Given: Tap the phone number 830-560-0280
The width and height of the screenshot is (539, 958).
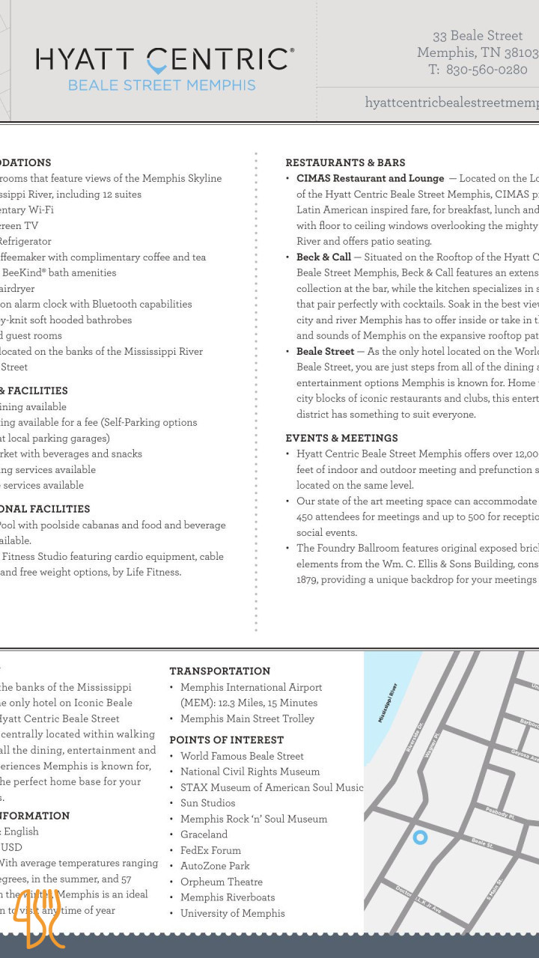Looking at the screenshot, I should coord(487,70).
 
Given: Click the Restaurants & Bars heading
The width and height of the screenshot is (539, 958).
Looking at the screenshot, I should coord(345,162).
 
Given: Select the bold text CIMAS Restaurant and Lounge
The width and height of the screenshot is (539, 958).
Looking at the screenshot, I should coord(370,178).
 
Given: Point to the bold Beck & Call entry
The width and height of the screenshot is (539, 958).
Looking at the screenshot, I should coord(323,257).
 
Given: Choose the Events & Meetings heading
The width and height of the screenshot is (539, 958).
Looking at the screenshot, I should coord(341,438).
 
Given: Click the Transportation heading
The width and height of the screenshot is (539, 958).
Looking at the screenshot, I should coord(220,671).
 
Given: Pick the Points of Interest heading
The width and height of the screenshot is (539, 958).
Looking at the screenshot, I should coord(226,739).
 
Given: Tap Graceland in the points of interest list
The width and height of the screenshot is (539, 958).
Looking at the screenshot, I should coord(204,834).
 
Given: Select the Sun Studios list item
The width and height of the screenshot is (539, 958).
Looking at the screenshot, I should coord(207,802).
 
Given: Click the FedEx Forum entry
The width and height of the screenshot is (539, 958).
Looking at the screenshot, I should coord(210,850).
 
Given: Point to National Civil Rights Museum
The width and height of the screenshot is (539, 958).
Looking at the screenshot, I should coord(250,771).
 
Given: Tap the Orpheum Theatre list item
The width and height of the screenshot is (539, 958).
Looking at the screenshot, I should coord(222,882).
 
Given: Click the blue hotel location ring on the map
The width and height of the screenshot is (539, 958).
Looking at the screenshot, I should coord(420,838).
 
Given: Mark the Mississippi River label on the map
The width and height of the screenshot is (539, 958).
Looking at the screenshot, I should coord(388,702).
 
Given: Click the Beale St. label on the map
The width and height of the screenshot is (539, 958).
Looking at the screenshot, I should coord(482,843).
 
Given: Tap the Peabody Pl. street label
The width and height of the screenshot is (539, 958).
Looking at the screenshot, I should coord(499,814).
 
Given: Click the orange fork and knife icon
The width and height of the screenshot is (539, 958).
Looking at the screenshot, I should coord(37,918).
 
